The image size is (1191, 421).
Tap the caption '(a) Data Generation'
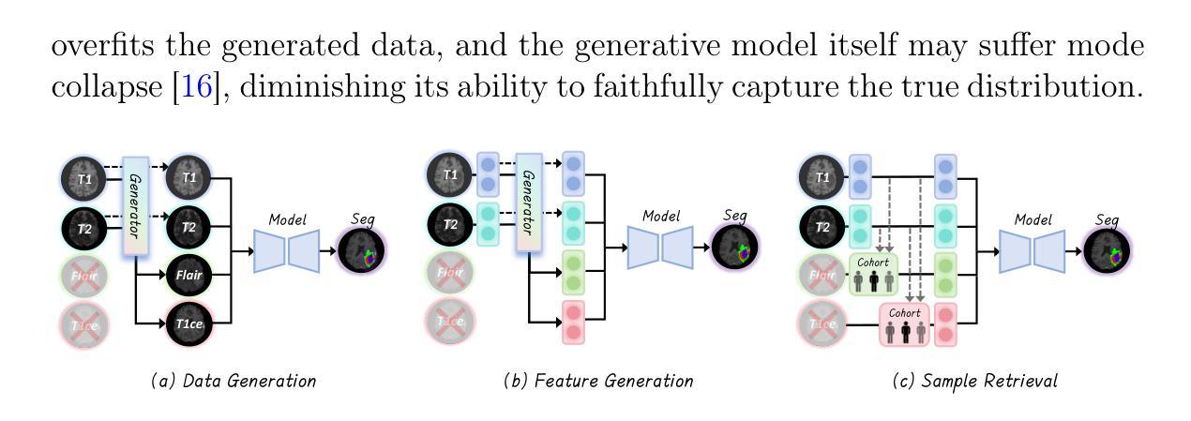coord(234,381)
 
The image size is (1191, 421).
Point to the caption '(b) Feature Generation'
coord(598,381)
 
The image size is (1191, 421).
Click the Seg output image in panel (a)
coord(363,252)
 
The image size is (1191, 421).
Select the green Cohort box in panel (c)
coord(872,274)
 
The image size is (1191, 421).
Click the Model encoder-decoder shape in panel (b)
coord(660,246)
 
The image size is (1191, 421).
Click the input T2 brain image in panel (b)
coord(451,225)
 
